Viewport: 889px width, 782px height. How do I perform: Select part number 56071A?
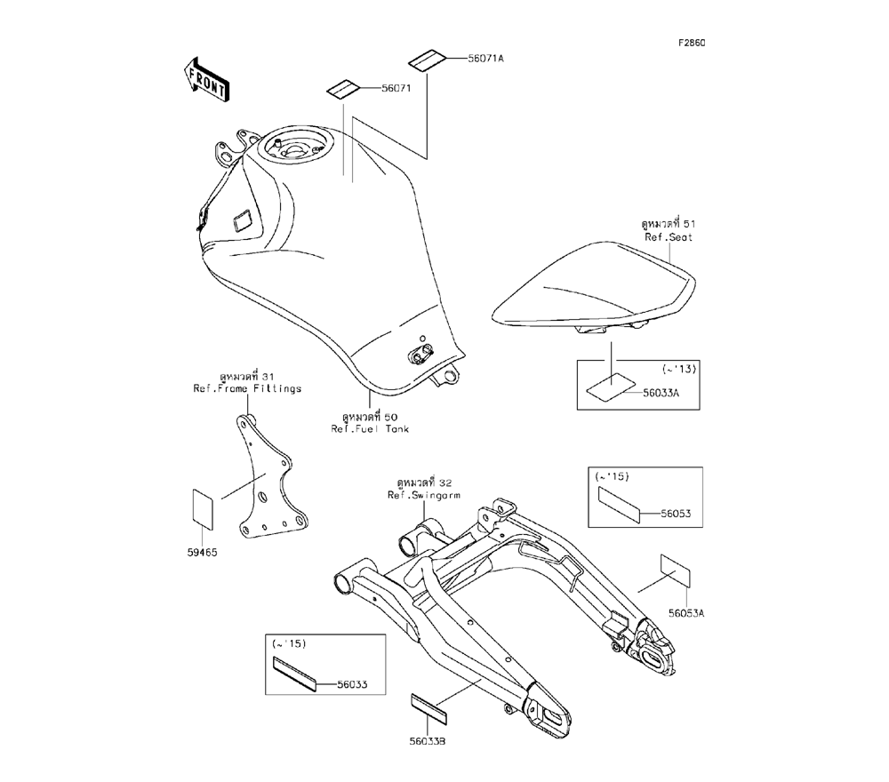coord(486,59)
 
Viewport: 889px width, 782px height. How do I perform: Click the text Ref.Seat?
coord(669,238)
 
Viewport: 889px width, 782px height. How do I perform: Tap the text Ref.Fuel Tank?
coord(371,428)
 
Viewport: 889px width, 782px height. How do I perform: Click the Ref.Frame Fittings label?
coord(247,388)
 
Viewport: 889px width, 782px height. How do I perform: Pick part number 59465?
coord(202,553)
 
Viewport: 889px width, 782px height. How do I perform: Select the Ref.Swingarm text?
coord(421,494)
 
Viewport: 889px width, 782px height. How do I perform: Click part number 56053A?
coord(686,613)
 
